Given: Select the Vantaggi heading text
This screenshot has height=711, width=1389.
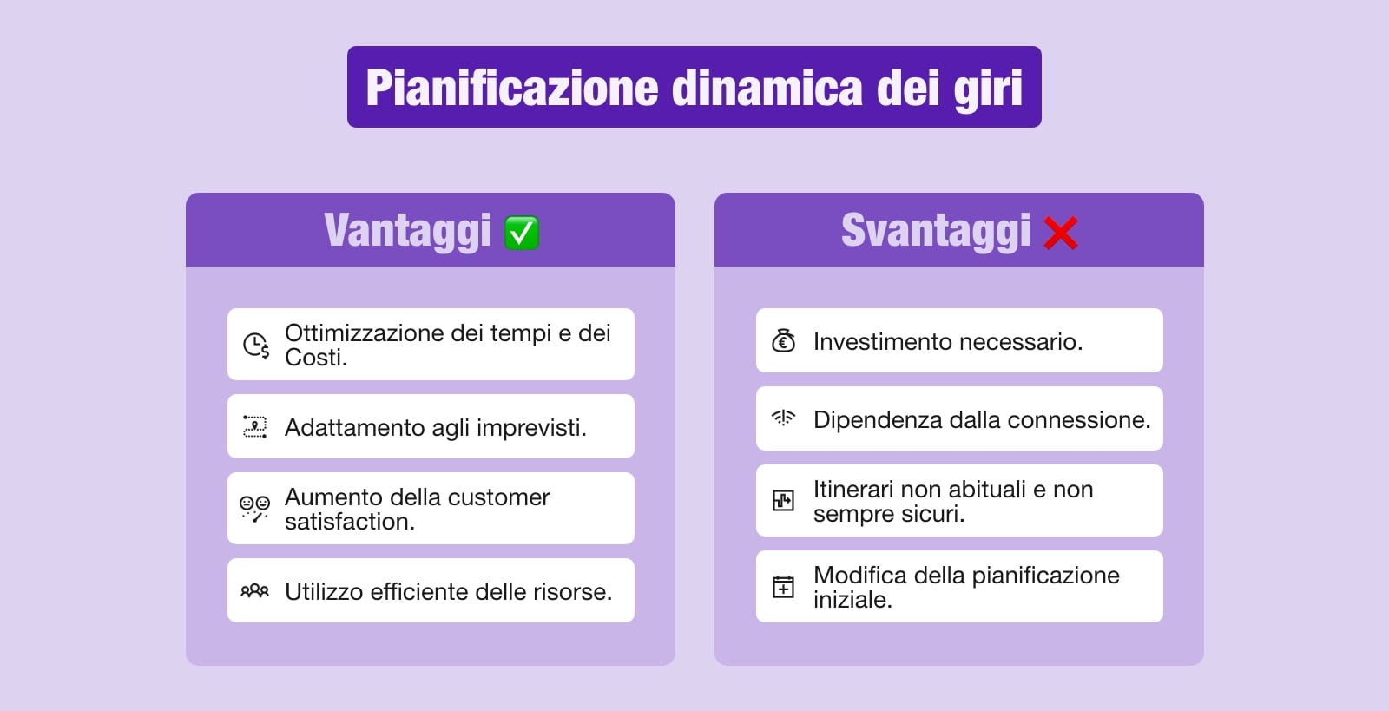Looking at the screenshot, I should (407, 231).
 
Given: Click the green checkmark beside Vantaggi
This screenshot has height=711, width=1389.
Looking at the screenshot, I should (522, 233).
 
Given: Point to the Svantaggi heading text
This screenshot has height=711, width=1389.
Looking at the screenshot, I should (935, 231).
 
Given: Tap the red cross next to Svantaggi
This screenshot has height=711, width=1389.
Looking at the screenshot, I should (1061, 233).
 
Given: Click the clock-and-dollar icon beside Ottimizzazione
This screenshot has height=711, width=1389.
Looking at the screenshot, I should (255, 345).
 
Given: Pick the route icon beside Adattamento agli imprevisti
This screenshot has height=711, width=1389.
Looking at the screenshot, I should (254, 426).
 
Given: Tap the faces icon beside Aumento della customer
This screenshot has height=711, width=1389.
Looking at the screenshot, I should (254, 508).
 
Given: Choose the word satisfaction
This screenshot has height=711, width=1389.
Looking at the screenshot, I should (348, 522).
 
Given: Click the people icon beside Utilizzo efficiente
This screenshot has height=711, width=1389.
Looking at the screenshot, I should (254, 591).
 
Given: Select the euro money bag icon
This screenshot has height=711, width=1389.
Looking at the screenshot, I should (783, 341).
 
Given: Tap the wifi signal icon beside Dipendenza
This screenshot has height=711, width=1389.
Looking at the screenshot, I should (783, 418).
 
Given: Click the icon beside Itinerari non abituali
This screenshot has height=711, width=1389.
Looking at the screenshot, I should (783, 500).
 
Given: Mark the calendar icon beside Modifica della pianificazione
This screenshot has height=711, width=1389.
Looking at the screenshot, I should (783, 587).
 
